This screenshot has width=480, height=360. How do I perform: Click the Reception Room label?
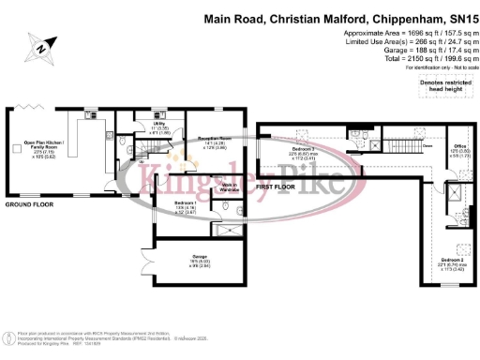pyautogui.click(x=214, y=142)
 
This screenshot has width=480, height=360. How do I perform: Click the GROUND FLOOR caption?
pyautogui.click(x=29, y=202)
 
